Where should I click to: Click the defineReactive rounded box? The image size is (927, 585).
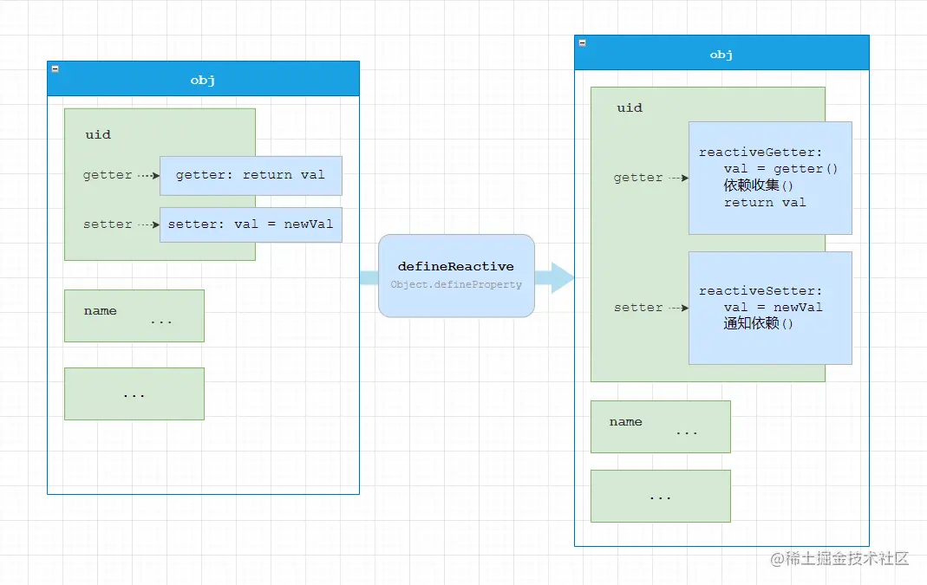click(x=456, y=275)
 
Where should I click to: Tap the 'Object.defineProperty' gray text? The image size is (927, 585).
click(x=456, y=284)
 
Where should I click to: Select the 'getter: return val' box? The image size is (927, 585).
click(x=251, y=175)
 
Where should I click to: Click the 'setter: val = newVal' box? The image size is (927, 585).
click(x=251, y=224)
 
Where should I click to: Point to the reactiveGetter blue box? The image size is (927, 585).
click(x=770, y=178)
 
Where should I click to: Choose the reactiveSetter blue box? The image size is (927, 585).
click(x=770, y=308)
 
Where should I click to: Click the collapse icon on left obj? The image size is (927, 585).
click(x=55, y=68)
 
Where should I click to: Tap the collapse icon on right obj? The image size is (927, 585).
click(x=582, y=42)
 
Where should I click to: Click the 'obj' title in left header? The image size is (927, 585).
click(x=203, y=81)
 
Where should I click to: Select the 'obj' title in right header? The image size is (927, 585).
click(x=721, y=55)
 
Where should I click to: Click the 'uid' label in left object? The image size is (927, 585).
click(x=98, y=134)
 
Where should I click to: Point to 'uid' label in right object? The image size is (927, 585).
click(x=630, y=107)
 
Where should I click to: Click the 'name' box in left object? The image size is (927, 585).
click(x=134, y=315)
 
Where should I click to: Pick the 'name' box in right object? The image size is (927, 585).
click(x=660, y=426)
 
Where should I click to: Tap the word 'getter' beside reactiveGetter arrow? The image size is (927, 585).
click(x=638, y=178)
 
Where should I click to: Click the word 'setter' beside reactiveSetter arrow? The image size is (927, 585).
click(x=638, y=308)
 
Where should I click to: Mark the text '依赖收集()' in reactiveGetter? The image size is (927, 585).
click(x=759, y=185)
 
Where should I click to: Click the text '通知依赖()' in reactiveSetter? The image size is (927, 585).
click(x=759, y=323)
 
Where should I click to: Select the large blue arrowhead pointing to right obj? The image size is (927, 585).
click(x=561, y=277)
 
